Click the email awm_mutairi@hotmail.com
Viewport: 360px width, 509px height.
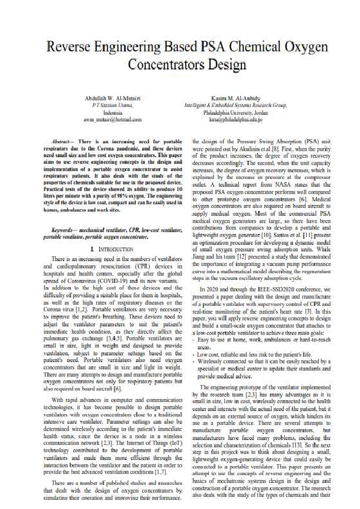pos(113,119)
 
